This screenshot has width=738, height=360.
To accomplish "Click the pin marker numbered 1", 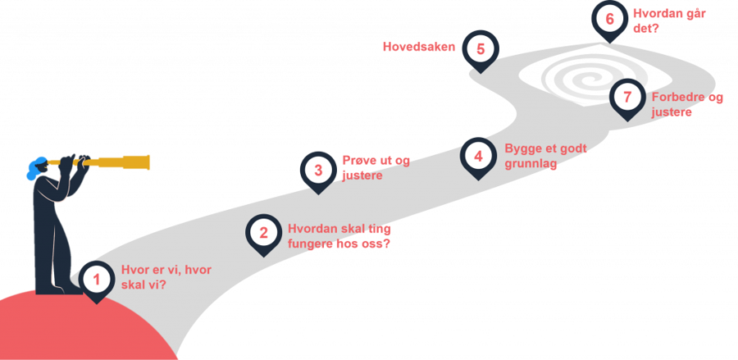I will point(97,280).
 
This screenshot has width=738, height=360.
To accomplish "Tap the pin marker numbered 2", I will point(263,233).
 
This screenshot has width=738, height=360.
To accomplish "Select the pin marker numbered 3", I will point(318,170).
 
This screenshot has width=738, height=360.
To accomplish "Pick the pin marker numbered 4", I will point(478,155).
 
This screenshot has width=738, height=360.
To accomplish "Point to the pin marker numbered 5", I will point(481,48).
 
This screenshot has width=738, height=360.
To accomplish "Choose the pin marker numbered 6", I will point(609,19).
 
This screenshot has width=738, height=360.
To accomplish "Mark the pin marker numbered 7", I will point(627,98).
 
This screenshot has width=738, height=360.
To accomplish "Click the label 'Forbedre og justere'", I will point(687,104).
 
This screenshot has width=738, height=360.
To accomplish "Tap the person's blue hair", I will point(35,170).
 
